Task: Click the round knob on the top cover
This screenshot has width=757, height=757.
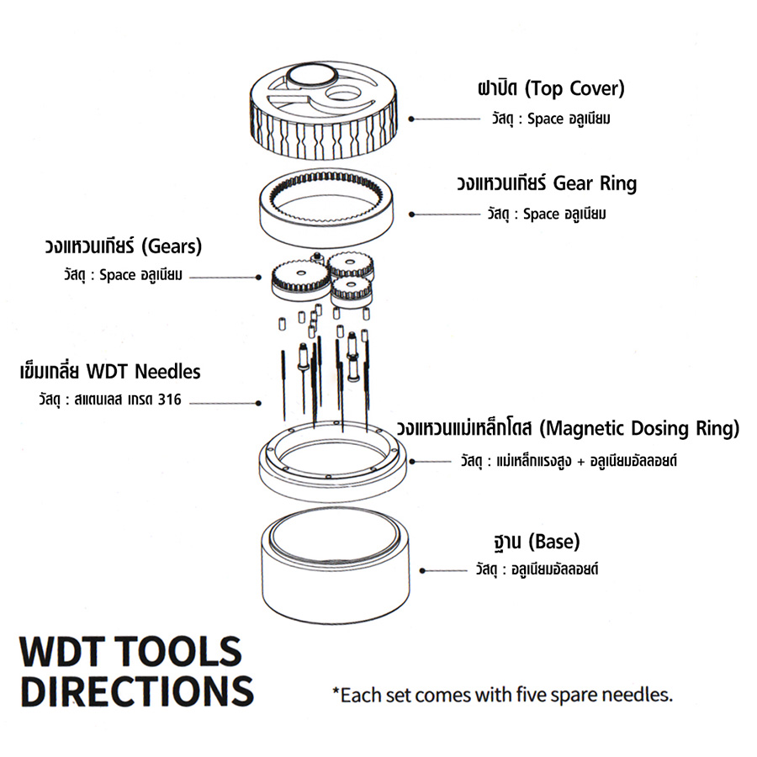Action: click(x=310, y=77)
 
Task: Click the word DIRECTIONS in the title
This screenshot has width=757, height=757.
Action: click(x=135, y=689)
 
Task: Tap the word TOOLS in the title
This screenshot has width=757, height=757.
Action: click(x=180, y=652)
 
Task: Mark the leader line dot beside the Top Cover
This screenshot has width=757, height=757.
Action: click(x=411, y=119)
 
